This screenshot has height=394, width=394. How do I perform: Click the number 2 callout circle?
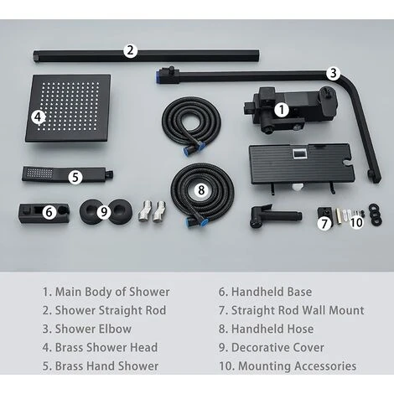130,49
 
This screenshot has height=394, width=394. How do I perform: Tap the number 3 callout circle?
333,73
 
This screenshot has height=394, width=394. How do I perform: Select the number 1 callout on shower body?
283,108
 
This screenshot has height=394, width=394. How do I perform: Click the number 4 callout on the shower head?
39,117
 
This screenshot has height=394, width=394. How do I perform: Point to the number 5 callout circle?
75,177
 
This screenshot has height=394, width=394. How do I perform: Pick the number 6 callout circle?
49,212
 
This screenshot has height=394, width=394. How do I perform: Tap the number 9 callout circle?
104,212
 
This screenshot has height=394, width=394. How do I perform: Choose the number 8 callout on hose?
201,190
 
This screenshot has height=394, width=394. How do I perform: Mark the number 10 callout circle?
356,222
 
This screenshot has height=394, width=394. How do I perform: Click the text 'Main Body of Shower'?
106,292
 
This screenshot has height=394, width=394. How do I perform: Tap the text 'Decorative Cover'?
276,347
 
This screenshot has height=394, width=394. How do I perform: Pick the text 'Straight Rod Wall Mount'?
293,310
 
